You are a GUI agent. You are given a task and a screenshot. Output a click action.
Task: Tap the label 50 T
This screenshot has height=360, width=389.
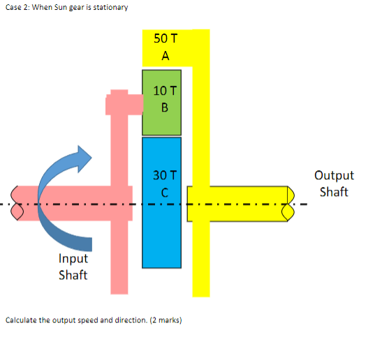click(x=165, y=38)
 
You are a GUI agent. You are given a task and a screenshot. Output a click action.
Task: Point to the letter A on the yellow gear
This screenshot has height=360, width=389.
click(x=165, y=57)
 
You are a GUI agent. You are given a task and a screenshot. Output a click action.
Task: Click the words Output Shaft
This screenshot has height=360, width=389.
click(x=334, y=183)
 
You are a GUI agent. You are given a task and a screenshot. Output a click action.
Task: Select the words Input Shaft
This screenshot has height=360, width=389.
click(x=73, y=267)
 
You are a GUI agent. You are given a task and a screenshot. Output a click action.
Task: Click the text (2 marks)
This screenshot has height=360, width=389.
click(x=166, y=320)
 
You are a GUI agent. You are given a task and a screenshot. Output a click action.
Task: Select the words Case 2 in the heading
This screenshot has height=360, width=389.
click(x=16, y=7)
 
